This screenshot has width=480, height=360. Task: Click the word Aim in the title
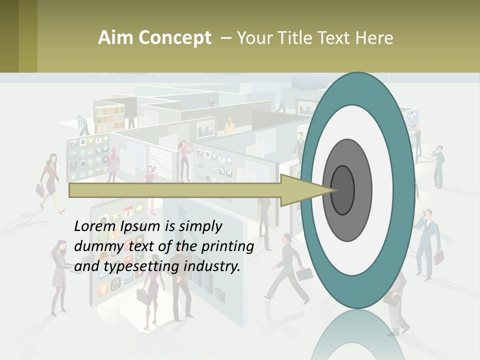tap(111, 38)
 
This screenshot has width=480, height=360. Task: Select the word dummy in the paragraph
tap(96, 246)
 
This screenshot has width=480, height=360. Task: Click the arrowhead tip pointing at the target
tap(334, 190)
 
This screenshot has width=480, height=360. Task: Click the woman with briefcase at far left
tap(50, 180)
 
